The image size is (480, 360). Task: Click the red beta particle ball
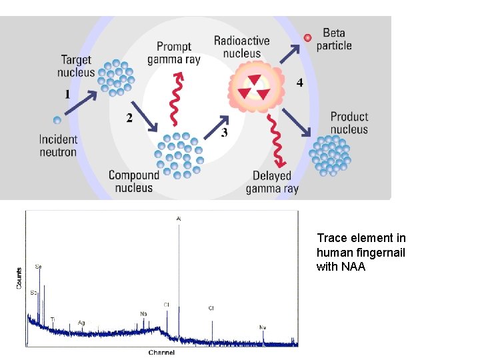[307, 38]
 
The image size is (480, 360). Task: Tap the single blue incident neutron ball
[57, 120]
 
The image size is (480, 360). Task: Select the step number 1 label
[67, 95]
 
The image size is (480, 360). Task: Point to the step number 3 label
[224, 133]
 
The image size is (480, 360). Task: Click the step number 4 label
[299, 83]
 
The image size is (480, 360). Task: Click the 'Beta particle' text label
[334, 39]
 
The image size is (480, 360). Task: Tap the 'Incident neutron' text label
[58, 145]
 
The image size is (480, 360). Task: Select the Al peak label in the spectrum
[178, 218]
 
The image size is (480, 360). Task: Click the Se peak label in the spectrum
[38, 267]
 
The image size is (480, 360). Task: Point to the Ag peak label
[81, 323]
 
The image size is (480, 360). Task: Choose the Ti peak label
[53, 320]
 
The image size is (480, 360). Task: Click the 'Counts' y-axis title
[18, 278]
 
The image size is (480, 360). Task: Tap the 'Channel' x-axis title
[161, 352]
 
